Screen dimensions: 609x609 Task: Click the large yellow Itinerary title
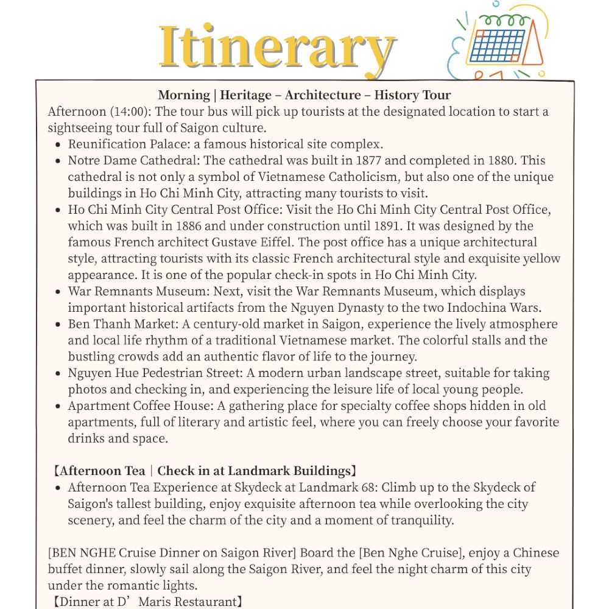click(277, 48)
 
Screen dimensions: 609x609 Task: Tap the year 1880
click(503, 160)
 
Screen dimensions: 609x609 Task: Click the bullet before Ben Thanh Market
click(57, 325)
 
